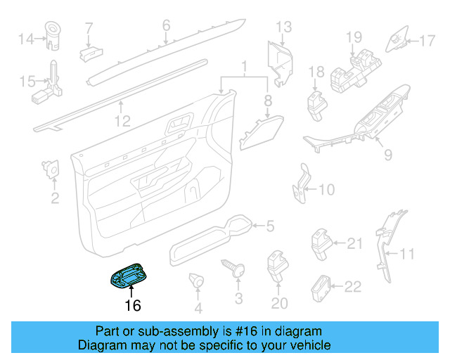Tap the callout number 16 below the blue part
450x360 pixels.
[x=132, y=305]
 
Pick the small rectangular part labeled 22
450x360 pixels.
[x=321, y=285]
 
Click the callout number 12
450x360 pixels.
[x=123, y=122]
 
